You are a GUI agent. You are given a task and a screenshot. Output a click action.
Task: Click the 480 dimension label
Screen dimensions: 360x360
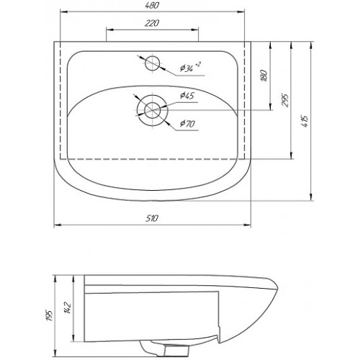click(x=152, y=5)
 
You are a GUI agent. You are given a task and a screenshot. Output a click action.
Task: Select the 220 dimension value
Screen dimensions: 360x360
click(x=152, y=23)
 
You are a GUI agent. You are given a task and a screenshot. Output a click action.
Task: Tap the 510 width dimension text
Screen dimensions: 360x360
click(x=152, y=218)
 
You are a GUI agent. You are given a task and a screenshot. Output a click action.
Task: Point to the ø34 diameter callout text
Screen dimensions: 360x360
click(x=186, y=68)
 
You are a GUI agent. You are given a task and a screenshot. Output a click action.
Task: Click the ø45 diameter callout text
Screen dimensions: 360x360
click(x=187, y=96)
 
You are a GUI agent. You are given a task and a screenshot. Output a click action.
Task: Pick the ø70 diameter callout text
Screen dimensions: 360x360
click(x=187, y=124)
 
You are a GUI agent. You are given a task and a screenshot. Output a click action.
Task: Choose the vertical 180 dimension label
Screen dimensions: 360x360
click(x=264, y=76)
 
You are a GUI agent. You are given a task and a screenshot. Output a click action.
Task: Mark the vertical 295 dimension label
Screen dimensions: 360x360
click(x=284, y=99)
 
